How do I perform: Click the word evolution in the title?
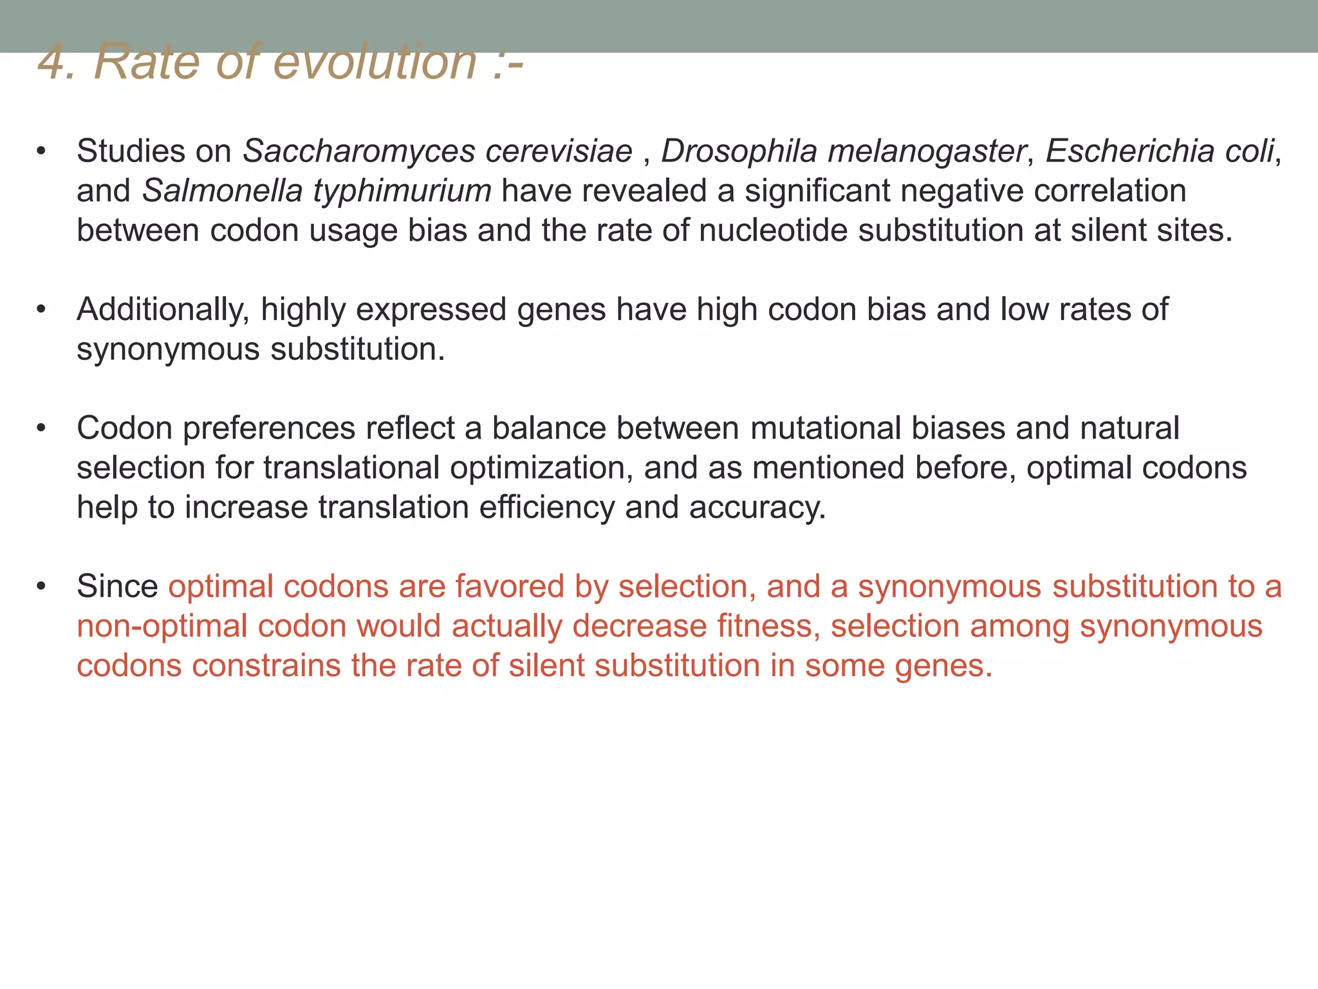(375, 62)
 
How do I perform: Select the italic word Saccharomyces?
(358, 152)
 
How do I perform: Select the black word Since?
(117, 587)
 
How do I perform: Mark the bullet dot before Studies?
(42, 152)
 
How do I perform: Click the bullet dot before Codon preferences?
(42, 429)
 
